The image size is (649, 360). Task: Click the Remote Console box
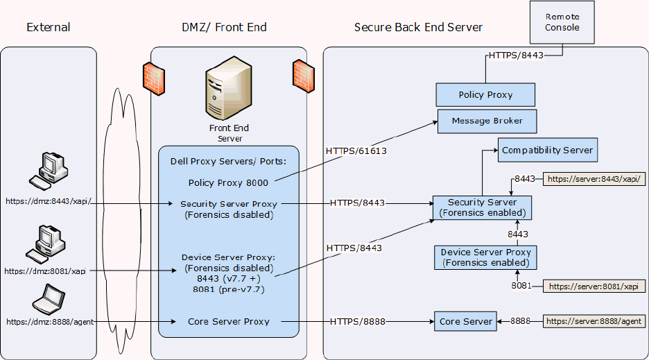click(562, 22)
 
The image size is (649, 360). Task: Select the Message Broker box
click(487, 121)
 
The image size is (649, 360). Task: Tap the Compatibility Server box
click(547, 150)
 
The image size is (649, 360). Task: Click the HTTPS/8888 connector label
click(358, 321)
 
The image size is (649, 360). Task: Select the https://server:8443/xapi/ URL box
click(596, 179)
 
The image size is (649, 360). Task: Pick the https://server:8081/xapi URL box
click(596, 286)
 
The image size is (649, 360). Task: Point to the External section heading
click(49, 28)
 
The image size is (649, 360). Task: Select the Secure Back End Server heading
click(418, 28)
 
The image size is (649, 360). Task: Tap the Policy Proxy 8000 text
click(228, 182)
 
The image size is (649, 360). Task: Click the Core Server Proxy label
click(228, 321)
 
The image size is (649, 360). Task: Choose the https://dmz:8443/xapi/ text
click(48, 201)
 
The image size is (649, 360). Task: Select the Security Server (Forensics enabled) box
click(482, 207)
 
